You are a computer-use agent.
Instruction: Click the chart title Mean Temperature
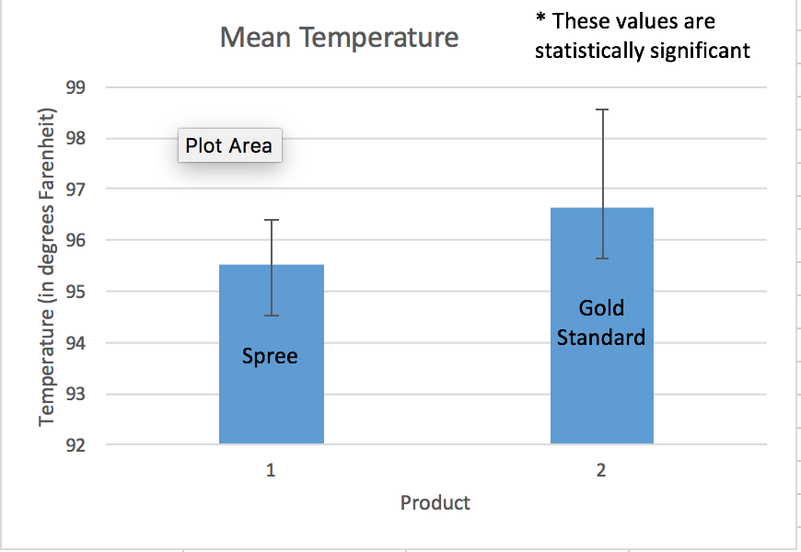339,38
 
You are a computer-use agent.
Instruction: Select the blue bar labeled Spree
272,354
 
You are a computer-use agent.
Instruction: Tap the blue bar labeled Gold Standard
602,326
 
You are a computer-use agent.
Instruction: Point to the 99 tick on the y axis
75,87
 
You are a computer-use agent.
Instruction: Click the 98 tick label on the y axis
75,138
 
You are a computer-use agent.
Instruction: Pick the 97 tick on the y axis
75,189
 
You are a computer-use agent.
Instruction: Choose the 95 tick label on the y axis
75,292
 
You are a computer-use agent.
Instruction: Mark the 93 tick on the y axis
75,394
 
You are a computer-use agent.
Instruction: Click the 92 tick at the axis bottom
75,444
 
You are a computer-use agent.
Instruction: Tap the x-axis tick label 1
271,470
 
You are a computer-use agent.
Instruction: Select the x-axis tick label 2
601,470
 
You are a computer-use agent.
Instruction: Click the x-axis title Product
435,502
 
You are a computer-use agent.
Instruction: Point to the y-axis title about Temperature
46,267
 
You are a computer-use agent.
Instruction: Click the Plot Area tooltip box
230,145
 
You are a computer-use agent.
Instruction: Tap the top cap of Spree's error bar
272,220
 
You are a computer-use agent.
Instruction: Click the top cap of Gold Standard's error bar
603,109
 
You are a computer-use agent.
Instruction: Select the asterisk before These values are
540,18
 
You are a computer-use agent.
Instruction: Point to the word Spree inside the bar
270,356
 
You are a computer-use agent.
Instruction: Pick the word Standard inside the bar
601,338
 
